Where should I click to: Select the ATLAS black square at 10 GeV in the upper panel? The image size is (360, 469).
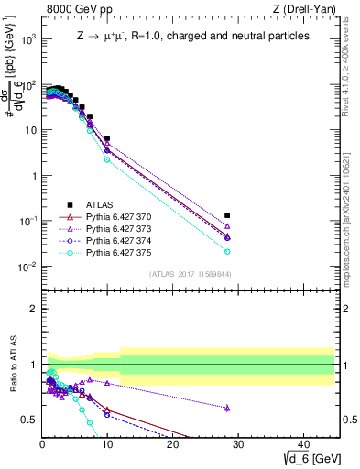point(107,138)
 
